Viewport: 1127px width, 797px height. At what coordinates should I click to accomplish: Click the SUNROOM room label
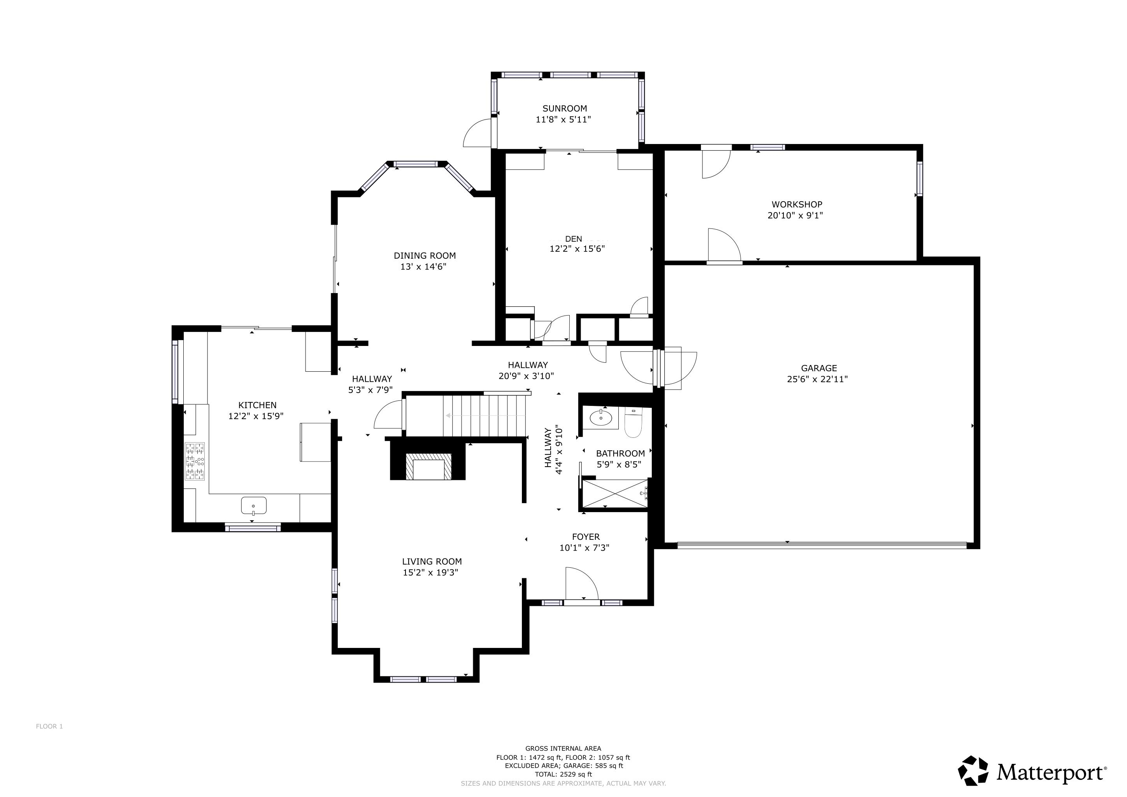tap(565, 109)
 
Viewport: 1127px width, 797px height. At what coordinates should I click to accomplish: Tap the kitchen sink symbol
tap(253, 505)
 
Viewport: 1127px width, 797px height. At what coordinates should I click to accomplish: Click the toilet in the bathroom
tap(633, 425)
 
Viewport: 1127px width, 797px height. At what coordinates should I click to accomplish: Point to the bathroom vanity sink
tap(601, 418)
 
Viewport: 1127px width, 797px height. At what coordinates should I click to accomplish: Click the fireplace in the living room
tap(427, 466)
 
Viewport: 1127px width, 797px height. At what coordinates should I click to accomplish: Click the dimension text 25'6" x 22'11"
tap(817, 379)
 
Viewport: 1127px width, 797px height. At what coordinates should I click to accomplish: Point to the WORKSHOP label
tap(797, 204)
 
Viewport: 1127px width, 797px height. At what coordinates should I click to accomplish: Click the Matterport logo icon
tap(973, 771)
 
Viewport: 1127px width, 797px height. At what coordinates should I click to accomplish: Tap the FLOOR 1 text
tap(49, 726)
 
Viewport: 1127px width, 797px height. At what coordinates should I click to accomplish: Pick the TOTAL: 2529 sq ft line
tap(563, 774)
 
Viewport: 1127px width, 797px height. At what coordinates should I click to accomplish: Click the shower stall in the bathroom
tap(614, 493)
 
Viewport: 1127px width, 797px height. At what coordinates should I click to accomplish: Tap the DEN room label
tap(573, 239)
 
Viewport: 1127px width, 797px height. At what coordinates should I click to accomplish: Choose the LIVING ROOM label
tap(432, 562)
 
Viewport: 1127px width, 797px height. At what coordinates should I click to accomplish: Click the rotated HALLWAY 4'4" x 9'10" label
tap(553, 451)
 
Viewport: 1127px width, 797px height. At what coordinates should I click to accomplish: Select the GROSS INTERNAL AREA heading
tap(563, 748)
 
